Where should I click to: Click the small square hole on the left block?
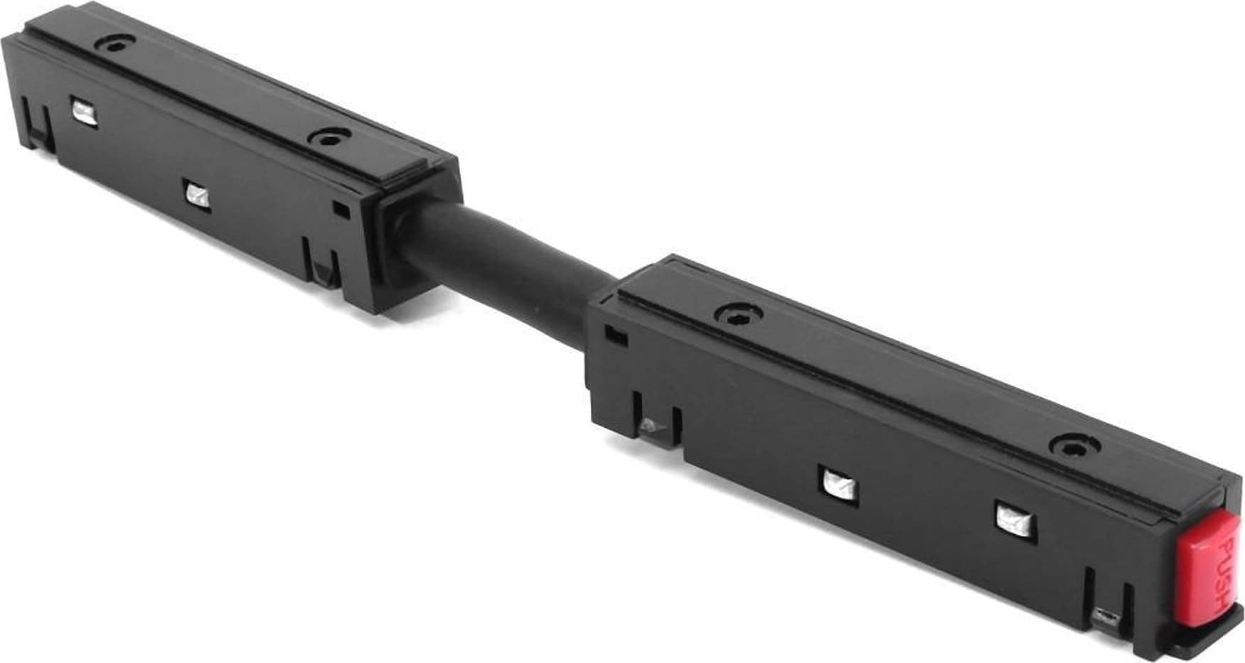click(x=342, y=209)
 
